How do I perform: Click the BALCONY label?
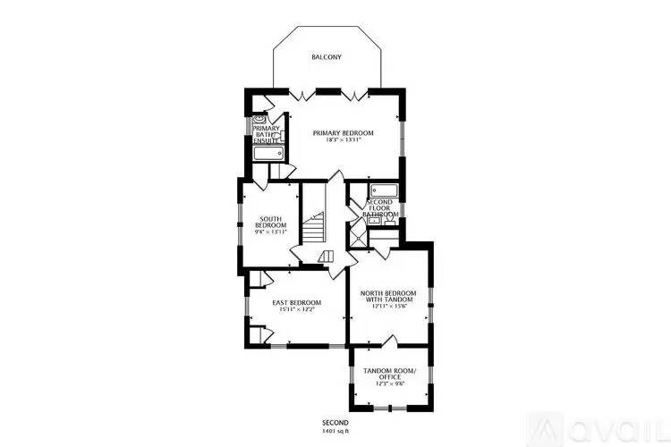(327, 57)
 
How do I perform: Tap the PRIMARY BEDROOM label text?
(343, 132)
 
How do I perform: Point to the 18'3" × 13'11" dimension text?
(343, 140)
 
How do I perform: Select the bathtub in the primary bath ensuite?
(268, 154)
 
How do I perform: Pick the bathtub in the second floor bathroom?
(384, 190)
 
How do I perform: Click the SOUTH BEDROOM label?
(273, 221)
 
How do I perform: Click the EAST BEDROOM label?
(297, 302)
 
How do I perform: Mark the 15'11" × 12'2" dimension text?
(297, 310)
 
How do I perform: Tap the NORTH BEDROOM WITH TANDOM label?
(388, 297)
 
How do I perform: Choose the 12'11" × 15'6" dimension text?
(388, 307)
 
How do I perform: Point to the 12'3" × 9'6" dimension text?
(388, 384)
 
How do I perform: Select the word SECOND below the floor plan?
(335, 422)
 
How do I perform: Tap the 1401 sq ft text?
(335, 431)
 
